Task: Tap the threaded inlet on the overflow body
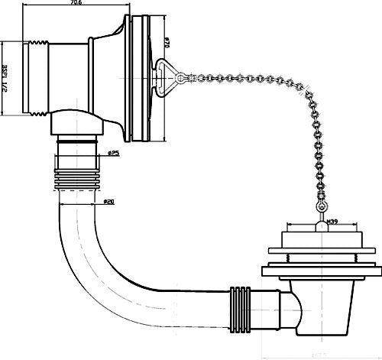pos(34,79)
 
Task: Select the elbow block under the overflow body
pos(77,122)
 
